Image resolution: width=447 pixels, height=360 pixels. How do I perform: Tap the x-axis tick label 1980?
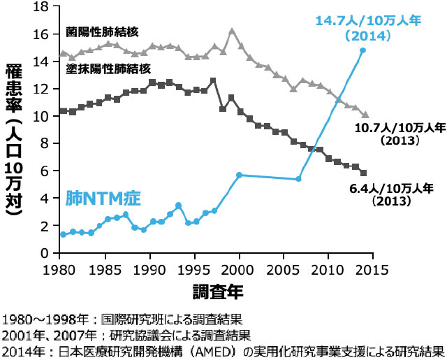[x=59, y=269]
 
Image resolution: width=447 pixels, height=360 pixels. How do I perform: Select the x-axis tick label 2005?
[x=284, y=269]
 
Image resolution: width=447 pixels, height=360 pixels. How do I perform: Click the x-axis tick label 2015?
[x=373, y=269]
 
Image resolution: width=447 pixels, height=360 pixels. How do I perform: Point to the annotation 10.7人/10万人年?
[x=395, y=128]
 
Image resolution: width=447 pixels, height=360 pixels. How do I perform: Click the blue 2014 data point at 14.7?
[x=362, y=50]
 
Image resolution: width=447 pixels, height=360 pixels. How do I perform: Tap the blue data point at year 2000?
[x=239, y=175]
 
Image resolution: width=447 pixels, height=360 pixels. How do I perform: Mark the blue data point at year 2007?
[x=299, y=179]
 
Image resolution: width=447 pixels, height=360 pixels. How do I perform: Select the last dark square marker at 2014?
[x=363, y=173]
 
